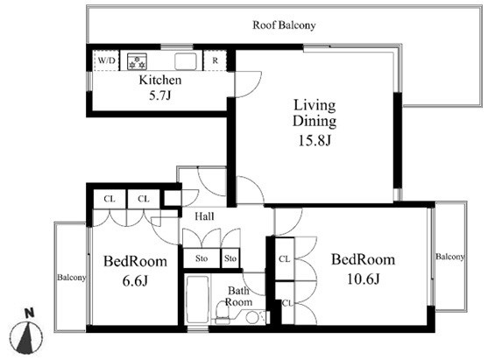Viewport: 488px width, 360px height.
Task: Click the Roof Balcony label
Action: tap(284, 25)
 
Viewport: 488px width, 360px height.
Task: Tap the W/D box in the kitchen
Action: tap(106, 60)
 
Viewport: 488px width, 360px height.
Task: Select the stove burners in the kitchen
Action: tap(137, 61)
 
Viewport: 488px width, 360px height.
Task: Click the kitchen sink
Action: tap(186, 61)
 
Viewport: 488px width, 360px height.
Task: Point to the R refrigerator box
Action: tap(215, 60)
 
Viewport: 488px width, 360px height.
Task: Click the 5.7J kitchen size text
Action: tap(160, 95)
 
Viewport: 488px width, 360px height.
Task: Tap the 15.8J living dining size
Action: tap(315, 140)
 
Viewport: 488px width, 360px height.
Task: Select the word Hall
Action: tap(204, 216)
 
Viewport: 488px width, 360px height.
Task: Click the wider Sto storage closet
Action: tap(202, 258)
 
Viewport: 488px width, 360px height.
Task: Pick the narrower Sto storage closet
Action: tap(230, 258)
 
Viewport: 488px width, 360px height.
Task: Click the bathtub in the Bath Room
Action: tap(197, 300)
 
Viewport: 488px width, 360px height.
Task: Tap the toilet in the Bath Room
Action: tap(222, 313)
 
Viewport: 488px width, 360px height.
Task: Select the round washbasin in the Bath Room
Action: tap(252, 318)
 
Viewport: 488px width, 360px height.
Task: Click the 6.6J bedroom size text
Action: tap(135, 281)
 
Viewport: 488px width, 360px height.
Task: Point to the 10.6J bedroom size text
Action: tap(364, 279)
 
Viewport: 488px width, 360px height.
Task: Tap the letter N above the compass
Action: tap(29, 313)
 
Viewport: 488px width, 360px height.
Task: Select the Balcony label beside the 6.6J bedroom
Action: tap(71, 278)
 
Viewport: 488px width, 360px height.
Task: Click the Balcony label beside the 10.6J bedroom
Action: tap(449, 257)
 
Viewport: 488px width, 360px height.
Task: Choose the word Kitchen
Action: tap(160, 80)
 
